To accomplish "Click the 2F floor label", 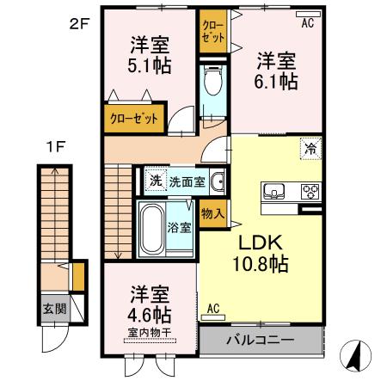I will coord(79,24).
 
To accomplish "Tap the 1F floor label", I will coord(54,146).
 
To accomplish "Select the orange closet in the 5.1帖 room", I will coord(134,119).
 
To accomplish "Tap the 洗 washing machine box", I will coord(155,181).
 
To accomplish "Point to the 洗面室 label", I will coord(186,181).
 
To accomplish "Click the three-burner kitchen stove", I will coord(310,191).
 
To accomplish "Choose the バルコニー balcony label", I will coord(260,340).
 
